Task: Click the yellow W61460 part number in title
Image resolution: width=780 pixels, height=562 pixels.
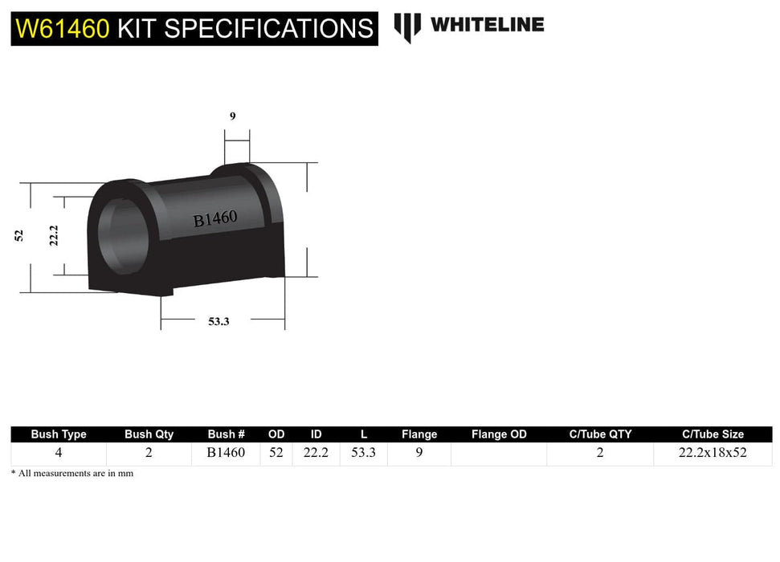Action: click(62, 29)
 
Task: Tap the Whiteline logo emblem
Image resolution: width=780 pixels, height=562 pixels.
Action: click(407, 26)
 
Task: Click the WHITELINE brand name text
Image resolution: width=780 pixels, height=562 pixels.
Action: click(487, 25)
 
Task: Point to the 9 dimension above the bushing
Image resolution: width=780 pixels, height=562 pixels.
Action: click(232, 116)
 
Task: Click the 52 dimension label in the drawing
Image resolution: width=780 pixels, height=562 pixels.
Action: click(19, 235)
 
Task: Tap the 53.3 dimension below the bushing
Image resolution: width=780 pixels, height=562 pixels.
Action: click(218, 321)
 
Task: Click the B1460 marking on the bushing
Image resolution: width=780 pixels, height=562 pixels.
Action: click(214, 218)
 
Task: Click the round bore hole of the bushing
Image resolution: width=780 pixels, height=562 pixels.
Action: click(120, 234)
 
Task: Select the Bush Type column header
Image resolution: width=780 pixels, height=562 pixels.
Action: click(59, 434)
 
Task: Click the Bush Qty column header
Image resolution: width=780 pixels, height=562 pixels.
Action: click(149, 434)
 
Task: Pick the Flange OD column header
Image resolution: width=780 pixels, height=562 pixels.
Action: click(499, 434)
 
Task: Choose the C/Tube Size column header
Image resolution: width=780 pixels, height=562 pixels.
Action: click(713, 434)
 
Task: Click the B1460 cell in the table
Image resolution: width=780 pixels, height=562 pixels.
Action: click(226, 453)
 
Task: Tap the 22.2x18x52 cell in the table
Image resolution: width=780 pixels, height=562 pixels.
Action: click(713, 453)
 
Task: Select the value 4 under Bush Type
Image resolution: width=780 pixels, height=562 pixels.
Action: click(59, 453)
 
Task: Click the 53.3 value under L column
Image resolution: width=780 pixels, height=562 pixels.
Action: click(364, 453)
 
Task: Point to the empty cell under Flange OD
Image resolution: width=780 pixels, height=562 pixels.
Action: click(499, 454)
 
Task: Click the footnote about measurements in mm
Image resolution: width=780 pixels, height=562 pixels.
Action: click(72, 474)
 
